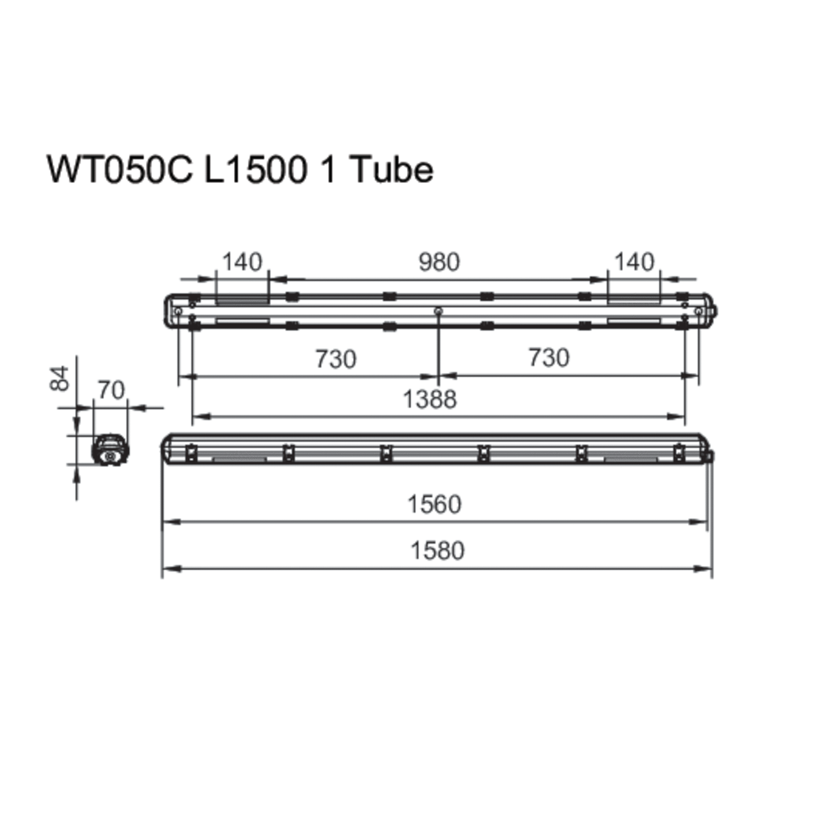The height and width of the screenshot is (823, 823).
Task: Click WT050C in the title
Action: pos(120,169)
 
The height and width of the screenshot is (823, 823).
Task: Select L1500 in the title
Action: pos(255,169)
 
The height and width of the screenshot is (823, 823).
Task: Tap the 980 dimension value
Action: pos(439,262)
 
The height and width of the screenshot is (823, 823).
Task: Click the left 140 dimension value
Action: pos(242,262)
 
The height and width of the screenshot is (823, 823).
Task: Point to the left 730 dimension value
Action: pos(336,359)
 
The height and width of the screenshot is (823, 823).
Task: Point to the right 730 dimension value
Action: pos(549,358)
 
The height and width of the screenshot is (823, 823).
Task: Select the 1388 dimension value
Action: pos(429,399)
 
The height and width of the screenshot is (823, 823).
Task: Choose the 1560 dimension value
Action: pos(434,504)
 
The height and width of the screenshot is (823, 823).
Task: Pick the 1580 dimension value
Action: pos(437,551)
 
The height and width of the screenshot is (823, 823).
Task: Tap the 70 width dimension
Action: pos(111,390)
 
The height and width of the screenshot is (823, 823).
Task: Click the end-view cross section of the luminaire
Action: pos(110,450)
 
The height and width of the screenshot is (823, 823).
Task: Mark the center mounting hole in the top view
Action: pos(438,311)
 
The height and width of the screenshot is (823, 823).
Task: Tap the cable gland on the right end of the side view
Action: pos(711,456)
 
